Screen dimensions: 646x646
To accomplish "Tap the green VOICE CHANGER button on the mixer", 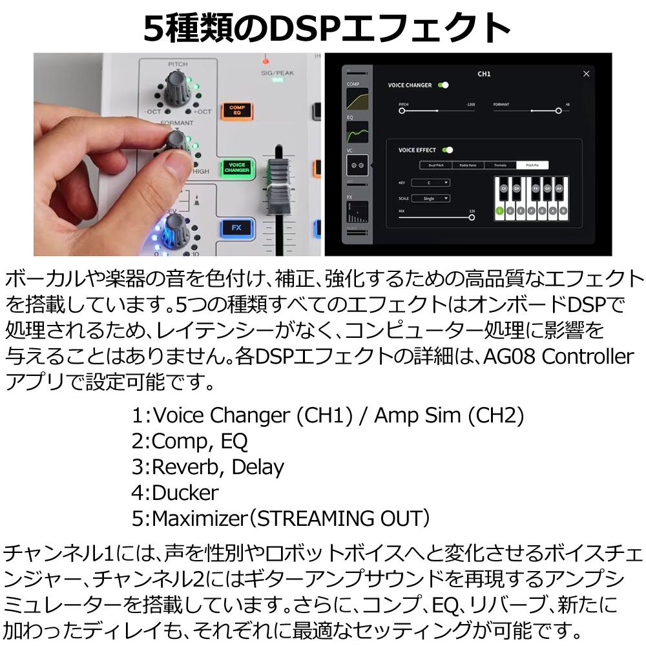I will point(236,168).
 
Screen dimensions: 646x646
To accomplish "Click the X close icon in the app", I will point(586,74).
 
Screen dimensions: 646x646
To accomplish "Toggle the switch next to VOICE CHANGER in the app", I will point(443,85).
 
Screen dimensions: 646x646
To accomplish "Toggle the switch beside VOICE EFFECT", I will point(447,150).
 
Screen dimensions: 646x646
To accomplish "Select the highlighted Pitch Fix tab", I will point(534,165).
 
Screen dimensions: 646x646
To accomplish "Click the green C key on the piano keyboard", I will point(499,211).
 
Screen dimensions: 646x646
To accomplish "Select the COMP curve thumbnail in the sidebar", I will point(357,98).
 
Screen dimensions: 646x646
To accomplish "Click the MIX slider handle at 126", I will point(472,217).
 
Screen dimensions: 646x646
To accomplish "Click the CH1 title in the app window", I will point(484,74).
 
